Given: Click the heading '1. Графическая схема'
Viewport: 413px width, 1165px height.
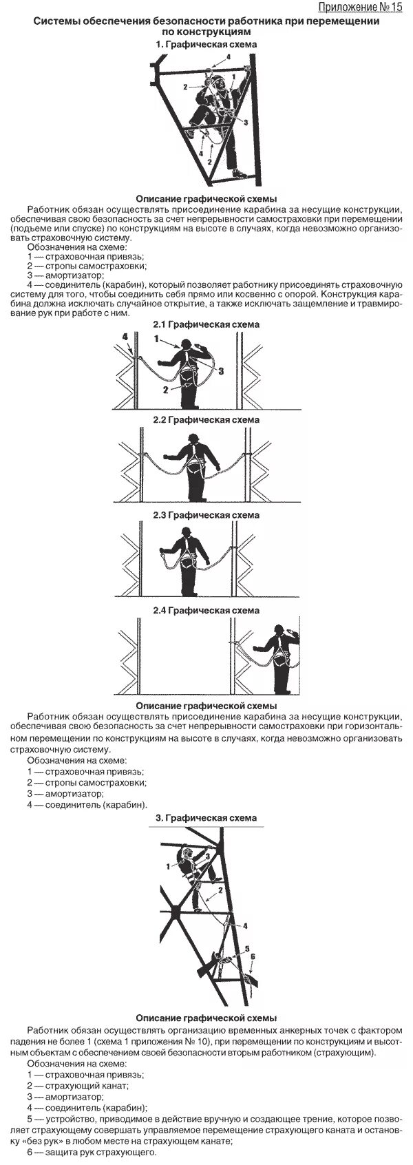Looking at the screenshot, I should click(206, 44).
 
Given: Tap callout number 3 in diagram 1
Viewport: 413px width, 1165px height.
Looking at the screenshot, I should click(245, 121).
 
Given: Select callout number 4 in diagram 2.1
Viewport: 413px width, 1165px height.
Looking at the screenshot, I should click(125, 337).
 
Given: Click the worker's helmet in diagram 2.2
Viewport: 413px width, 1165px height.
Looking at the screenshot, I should click(195, 439).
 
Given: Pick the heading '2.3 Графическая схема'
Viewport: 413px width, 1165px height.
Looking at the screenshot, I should click(206, 515).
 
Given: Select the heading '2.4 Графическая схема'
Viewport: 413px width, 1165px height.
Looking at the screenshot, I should click(206, 610).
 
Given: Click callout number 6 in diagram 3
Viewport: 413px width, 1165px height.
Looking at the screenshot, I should click(253, 956).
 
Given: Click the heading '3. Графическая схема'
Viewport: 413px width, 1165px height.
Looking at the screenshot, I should click(206, 818).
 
